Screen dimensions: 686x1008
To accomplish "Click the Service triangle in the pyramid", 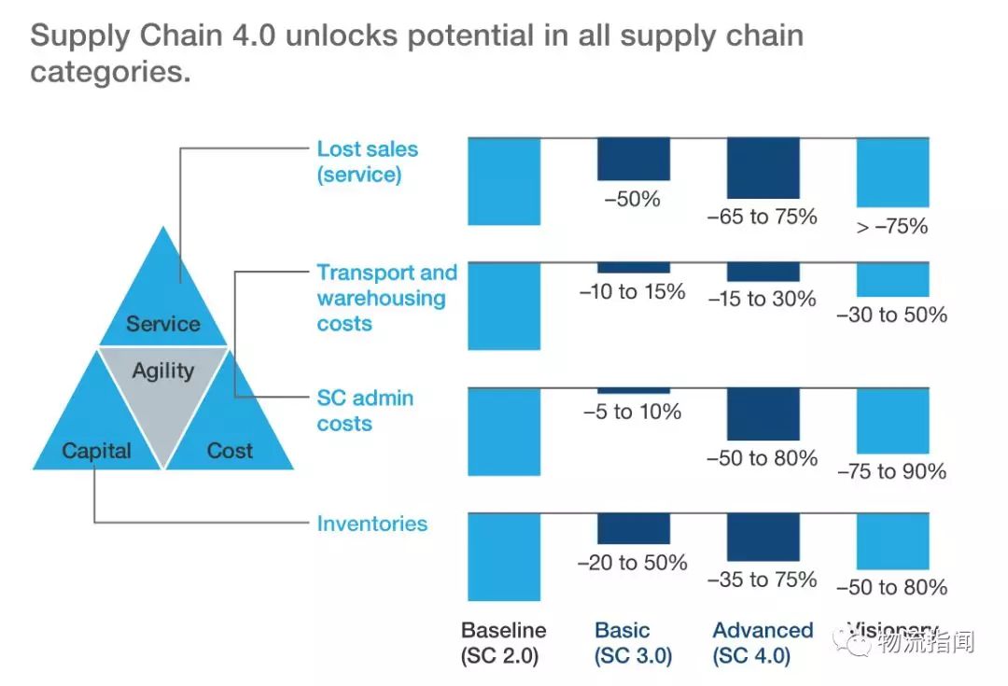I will [163, 308].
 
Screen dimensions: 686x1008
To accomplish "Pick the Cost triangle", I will [229, 439].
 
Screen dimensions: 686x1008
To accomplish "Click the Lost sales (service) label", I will [367, 161].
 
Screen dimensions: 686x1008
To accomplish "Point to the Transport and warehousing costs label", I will [386, 298].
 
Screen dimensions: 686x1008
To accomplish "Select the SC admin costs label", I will [364, 411].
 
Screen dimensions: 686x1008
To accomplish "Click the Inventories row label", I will [371, 524].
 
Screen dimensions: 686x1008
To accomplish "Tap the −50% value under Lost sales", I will [633, 199].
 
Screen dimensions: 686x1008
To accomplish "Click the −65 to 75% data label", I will [762, 217].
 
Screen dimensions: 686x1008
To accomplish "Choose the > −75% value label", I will [891, 226].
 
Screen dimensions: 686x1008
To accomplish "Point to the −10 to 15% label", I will [632, 292].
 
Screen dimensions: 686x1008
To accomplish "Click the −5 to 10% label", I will [632, 412].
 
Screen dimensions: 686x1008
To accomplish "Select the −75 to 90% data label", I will [891, 471].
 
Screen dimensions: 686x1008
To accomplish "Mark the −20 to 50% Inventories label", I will [632, 563].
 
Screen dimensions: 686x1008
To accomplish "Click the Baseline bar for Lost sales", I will [504, 181].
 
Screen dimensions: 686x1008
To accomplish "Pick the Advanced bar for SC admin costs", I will [763, 414].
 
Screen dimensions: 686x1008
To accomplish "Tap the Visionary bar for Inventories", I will [892, 541].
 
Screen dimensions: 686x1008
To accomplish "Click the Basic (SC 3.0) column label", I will [633, 643].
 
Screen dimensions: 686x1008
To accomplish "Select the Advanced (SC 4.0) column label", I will [763, 643].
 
